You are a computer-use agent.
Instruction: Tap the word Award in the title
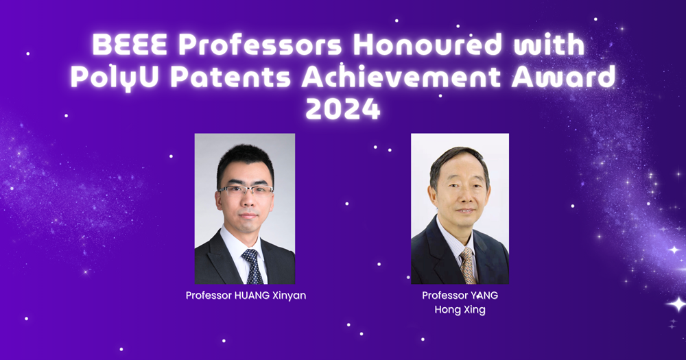coord(568,78)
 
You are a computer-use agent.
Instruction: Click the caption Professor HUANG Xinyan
coord(245,296)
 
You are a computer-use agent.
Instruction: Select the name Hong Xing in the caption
coord(460,309)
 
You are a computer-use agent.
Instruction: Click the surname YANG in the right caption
coord(484,296)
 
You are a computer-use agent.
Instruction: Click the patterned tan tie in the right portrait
coord(468,264)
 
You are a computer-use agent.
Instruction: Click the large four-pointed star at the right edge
coord(676,303)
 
